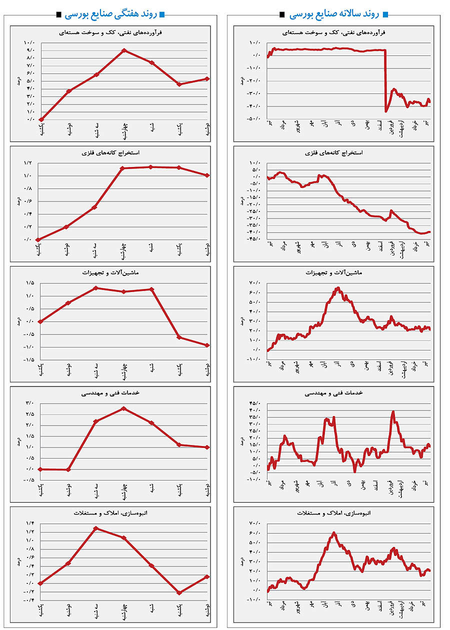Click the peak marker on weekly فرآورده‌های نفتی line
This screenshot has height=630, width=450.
click(124, 50)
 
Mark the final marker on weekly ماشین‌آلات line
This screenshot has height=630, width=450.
click(207, 345)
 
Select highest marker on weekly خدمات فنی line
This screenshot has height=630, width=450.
click(124, 408)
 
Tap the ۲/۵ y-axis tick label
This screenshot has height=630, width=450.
click(29, 414)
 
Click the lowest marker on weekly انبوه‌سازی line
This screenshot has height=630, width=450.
click(179, 592)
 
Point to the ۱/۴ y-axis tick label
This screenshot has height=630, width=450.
click(29, 523)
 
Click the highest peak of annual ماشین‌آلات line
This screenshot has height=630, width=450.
click(338, 288)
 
